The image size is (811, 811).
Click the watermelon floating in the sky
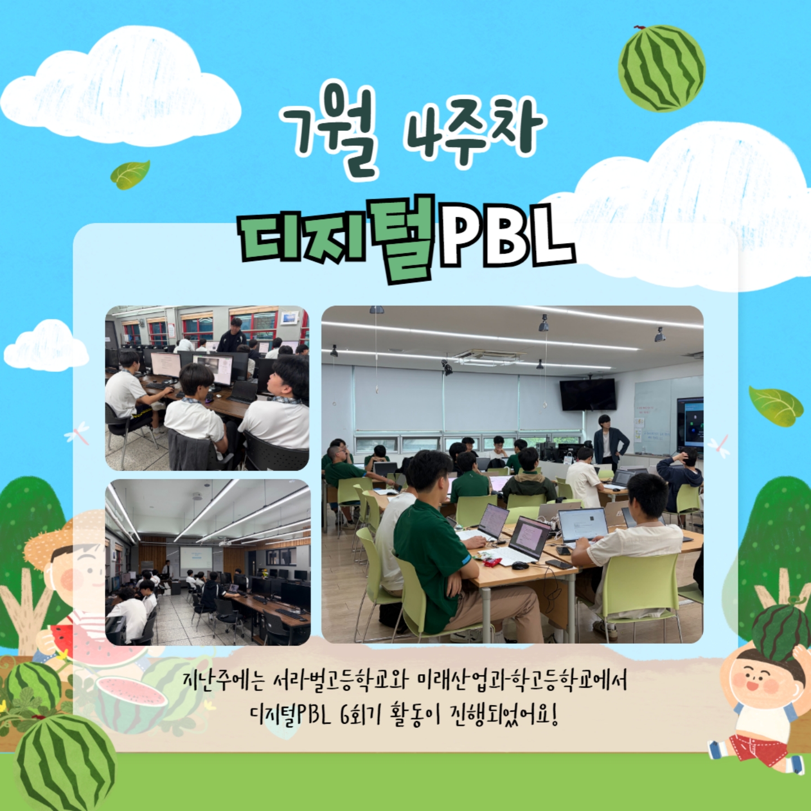[661, 68]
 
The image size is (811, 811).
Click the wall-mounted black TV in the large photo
[587, 394]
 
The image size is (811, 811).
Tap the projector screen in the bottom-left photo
[195, 562]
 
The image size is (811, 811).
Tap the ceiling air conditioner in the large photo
[489, 358]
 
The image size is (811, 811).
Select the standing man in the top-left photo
[232, 336]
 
